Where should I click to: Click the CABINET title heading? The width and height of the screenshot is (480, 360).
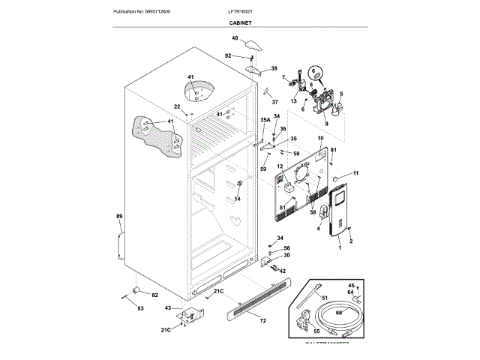pyautogui.click(x=240, y=24)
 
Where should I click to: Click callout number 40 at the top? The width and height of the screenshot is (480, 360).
pyautogui.click(x=234, y=38)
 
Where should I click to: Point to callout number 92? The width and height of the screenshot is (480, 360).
pyautogui.click(x=228, y=55)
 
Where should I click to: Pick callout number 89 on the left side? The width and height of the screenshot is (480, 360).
pyautogui.click(x=118, y=217)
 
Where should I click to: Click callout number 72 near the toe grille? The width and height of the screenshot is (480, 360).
pyautogui.click(x=262, y=320)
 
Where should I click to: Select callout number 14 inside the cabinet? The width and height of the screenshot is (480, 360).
pyautogui.click(x=237, y=199)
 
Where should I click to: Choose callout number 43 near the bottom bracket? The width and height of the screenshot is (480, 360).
pyautogui.click(x=167, y=308)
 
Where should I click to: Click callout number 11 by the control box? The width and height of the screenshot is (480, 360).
pyautogui.click(x=355, y=174)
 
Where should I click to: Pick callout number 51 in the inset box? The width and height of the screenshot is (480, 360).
pyautogui.click(x=324, y=298)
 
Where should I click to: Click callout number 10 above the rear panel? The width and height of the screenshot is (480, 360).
pyautogui.click(x=320, y=139)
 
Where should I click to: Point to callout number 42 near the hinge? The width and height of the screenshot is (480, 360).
pyautogui.click(x=282, y=271)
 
